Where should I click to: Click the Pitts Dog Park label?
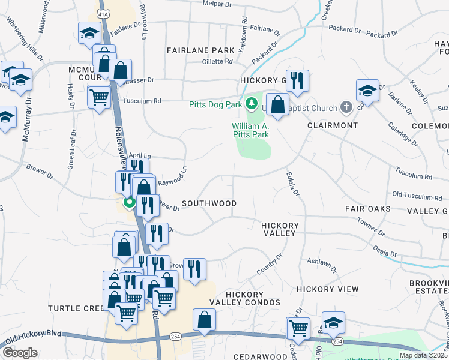215,104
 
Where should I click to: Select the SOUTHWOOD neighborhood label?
209,203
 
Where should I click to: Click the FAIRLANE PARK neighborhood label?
200,50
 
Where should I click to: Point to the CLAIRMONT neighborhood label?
333,125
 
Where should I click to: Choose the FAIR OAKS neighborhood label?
367,209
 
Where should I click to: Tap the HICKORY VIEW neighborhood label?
327,289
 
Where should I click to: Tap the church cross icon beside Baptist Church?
345,108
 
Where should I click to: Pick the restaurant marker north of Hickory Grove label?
297,80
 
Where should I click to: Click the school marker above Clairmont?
367,91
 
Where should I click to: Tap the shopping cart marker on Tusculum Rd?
99,97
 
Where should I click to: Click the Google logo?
20,353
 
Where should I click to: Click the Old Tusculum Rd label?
417,196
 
